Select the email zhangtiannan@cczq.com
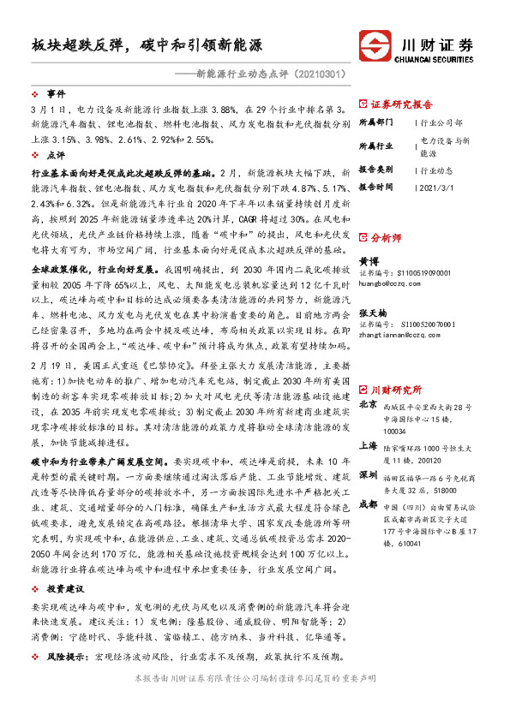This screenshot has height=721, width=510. (397, 309)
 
